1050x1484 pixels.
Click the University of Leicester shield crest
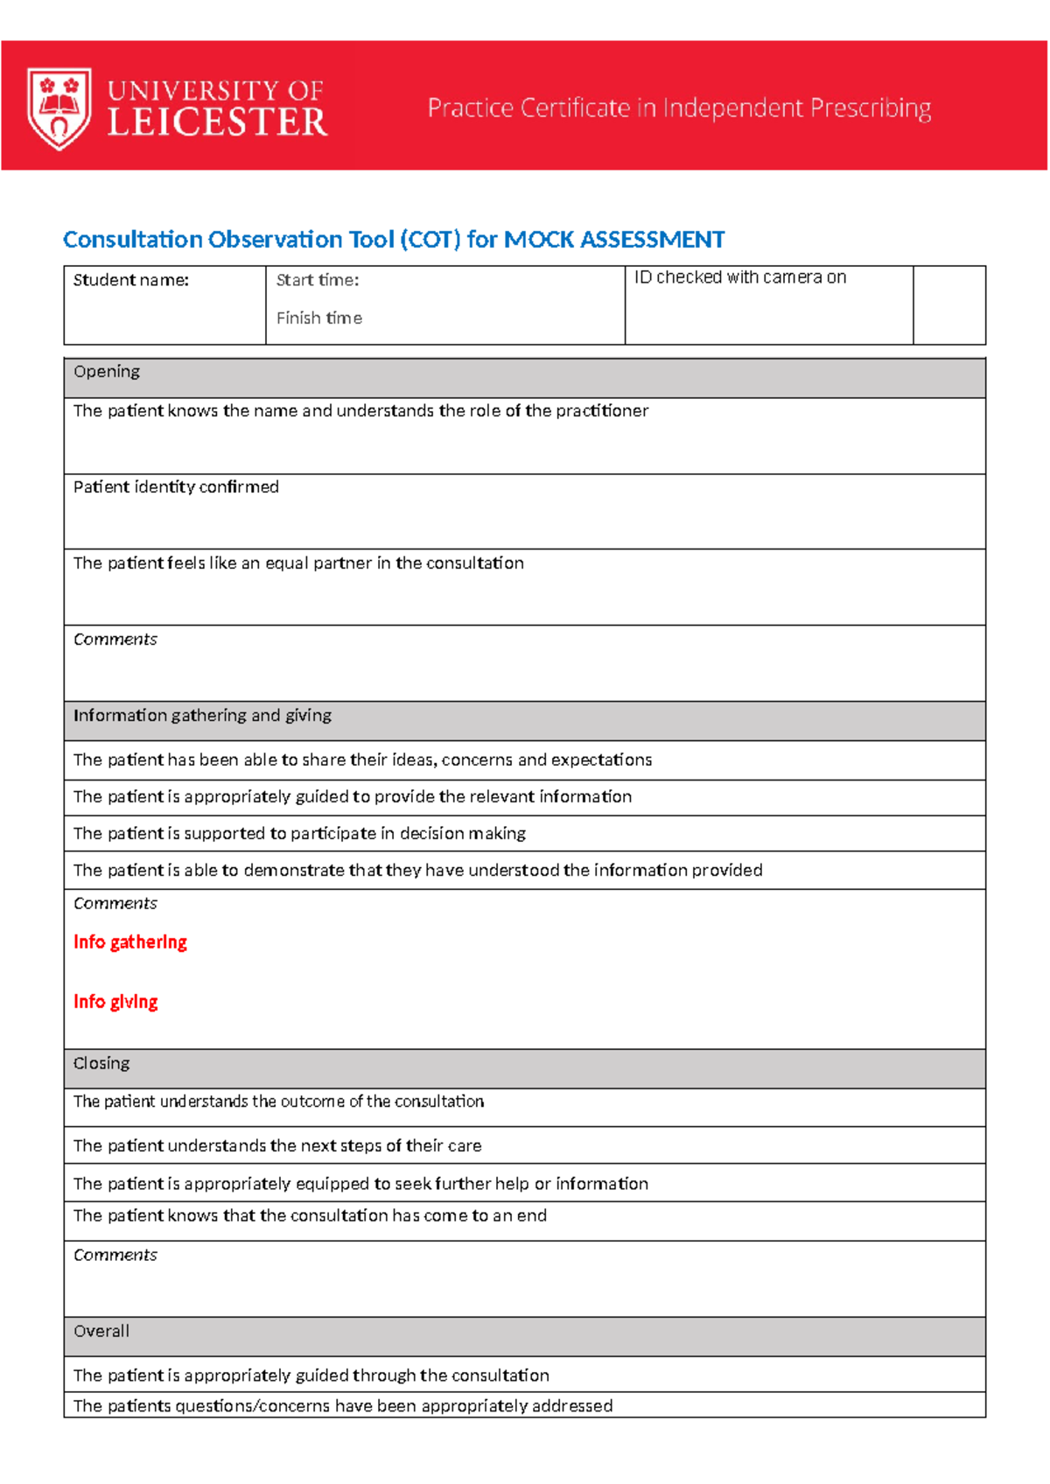pyautogui.click(x=59, y=108)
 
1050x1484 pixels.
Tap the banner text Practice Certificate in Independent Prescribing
pyautogui.click(x=679, y=108)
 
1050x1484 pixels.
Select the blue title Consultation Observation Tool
pyautogui.click(x=393, y=240)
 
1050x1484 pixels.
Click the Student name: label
pyautogui.click(x=131, y=280)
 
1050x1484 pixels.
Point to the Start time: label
pyautogui.click(x=318, y=280)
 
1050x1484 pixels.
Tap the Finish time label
pyautogui.click(x=319, y=318)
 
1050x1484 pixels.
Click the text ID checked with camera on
pyautogui.click(x=740, y=277)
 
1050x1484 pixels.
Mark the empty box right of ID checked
pyautogui.click(x=948, y=305)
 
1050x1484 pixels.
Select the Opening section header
pyautogui.click(x=107, y=372)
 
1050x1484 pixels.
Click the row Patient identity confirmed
pyautogui.click(x=176, y=487)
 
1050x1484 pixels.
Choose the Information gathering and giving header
pyautogui.click(x=202, y=716)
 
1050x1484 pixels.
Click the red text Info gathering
pyautogui.click(x=130, y=942)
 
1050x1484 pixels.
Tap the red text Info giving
pyautogui.click(x=115, y=1002)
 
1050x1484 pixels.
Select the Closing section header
pyautogui.click(x=101, y=1064)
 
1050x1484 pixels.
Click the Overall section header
pyautogui.click(x=101, y=1332)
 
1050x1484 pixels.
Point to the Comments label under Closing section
pyautogui.click(x=115, y=1256)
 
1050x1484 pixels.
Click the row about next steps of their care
pyautogui.click(x=277, y=1146)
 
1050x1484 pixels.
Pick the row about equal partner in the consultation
pyautogui.click(x=298, y=563)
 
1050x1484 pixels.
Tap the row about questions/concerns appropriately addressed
pyautogui.click(x=343, y=1406)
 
